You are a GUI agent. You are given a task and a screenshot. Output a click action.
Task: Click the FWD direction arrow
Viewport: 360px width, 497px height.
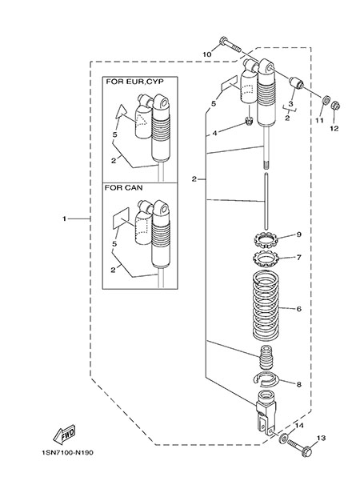[x=64, y=434]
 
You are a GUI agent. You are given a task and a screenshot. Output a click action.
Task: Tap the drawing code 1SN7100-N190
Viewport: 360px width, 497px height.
[x=67, y=453]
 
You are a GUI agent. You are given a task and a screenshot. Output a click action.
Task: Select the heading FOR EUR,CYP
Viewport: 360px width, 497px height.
[x=134, y=82]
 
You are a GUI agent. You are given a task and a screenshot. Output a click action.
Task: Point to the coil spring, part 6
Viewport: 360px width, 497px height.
[x=266, y=304]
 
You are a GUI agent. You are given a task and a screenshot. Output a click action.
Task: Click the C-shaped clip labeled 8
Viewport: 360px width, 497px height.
[x=266, y=379]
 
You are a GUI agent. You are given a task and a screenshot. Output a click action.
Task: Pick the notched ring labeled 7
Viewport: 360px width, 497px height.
[x=266, y=259]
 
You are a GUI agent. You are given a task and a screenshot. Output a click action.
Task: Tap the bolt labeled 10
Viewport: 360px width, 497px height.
[x=230, y=46]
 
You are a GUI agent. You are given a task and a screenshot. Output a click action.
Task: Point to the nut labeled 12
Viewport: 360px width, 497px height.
[x=335, y=105]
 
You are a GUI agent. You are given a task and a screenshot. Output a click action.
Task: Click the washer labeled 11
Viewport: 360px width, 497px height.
[x=325, y=101]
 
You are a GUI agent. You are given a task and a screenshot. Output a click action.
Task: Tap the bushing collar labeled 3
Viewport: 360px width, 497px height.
[x=296, y=82]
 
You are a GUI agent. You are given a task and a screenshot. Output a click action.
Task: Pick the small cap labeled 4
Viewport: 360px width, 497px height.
[x=249, y=120]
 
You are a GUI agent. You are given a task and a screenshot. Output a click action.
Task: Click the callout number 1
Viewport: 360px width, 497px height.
[x=64, y=218]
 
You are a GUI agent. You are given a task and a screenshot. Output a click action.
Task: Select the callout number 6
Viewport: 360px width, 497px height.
[x=299, y=309]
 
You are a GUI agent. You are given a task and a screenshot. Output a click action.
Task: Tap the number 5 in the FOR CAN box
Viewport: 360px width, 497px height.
[x=114, y=244]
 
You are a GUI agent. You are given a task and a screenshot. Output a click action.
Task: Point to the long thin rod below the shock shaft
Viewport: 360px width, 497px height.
[x=266, y=200]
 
